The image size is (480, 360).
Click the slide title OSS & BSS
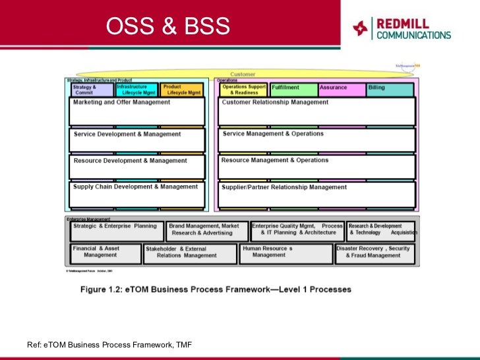pos(169,27)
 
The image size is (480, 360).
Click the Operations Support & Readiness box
pos(243,90)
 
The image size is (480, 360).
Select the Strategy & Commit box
pos(91,90)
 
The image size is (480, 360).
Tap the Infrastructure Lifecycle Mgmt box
pos(136,90)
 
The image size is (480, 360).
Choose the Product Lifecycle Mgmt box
pos(181,90)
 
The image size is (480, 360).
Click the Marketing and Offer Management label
pos(121,103)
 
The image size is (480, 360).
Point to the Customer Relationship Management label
pos(275,103)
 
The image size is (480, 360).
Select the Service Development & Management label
pos(127,135)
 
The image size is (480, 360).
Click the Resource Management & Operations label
pos(274,160)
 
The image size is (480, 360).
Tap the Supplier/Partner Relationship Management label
pos(284,187)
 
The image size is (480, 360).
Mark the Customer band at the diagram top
pos(243,75)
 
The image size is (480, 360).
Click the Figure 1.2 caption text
pos(216,289)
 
